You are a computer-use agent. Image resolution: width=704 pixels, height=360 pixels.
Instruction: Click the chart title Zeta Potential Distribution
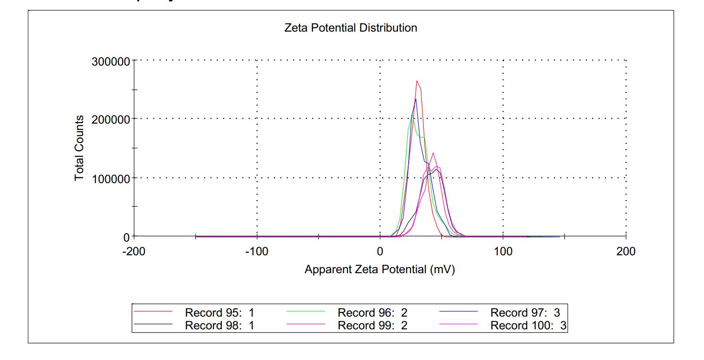coord(351,28)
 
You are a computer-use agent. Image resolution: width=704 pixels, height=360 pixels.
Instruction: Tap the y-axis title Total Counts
coord(79,148)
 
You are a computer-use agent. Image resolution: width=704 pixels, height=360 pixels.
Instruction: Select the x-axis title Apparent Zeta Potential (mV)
coord(379,270)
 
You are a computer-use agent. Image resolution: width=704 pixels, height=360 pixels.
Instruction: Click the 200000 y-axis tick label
coord(111,119)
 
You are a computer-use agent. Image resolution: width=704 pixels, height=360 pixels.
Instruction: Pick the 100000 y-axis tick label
coord(111,178)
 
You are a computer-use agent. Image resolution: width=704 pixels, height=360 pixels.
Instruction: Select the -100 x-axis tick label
coord(257,251)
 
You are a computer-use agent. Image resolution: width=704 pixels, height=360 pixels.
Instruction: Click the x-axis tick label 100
coord(503,251)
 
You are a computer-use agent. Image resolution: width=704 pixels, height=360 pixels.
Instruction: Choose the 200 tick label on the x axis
coord(626,251)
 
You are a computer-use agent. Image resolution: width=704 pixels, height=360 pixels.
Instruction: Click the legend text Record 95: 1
coord(219,312)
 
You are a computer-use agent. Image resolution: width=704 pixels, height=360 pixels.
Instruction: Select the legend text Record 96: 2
coord(372,312)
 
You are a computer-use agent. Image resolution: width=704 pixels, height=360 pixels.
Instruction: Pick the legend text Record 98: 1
coord(219,325)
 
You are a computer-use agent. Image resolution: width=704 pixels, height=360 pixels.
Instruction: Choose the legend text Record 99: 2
coord(372,325)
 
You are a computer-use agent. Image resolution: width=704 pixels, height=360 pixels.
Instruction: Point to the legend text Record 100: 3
coord(528,325)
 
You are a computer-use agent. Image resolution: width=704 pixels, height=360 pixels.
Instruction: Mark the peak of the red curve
coord(417,81)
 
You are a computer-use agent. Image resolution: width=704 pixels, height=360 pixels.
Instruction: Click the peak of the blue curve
coord(416,99)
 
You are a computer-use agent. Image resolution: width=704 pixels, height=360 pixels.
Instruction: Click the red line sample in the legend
coord(153,312)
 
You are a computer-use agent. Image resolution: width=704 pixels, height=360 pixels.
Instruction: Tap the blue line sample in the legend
coord(459,312)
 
